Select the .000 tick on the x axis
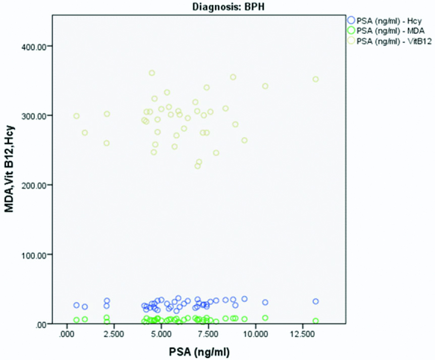(67, 334)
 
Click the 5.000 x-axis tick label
(161, 334)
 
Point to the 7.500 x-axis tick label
(208, 334)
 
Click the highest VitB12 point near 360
(152, 73)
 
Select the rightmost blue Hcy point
(316, 302)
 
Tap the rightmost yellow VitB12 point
(316, 79)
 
